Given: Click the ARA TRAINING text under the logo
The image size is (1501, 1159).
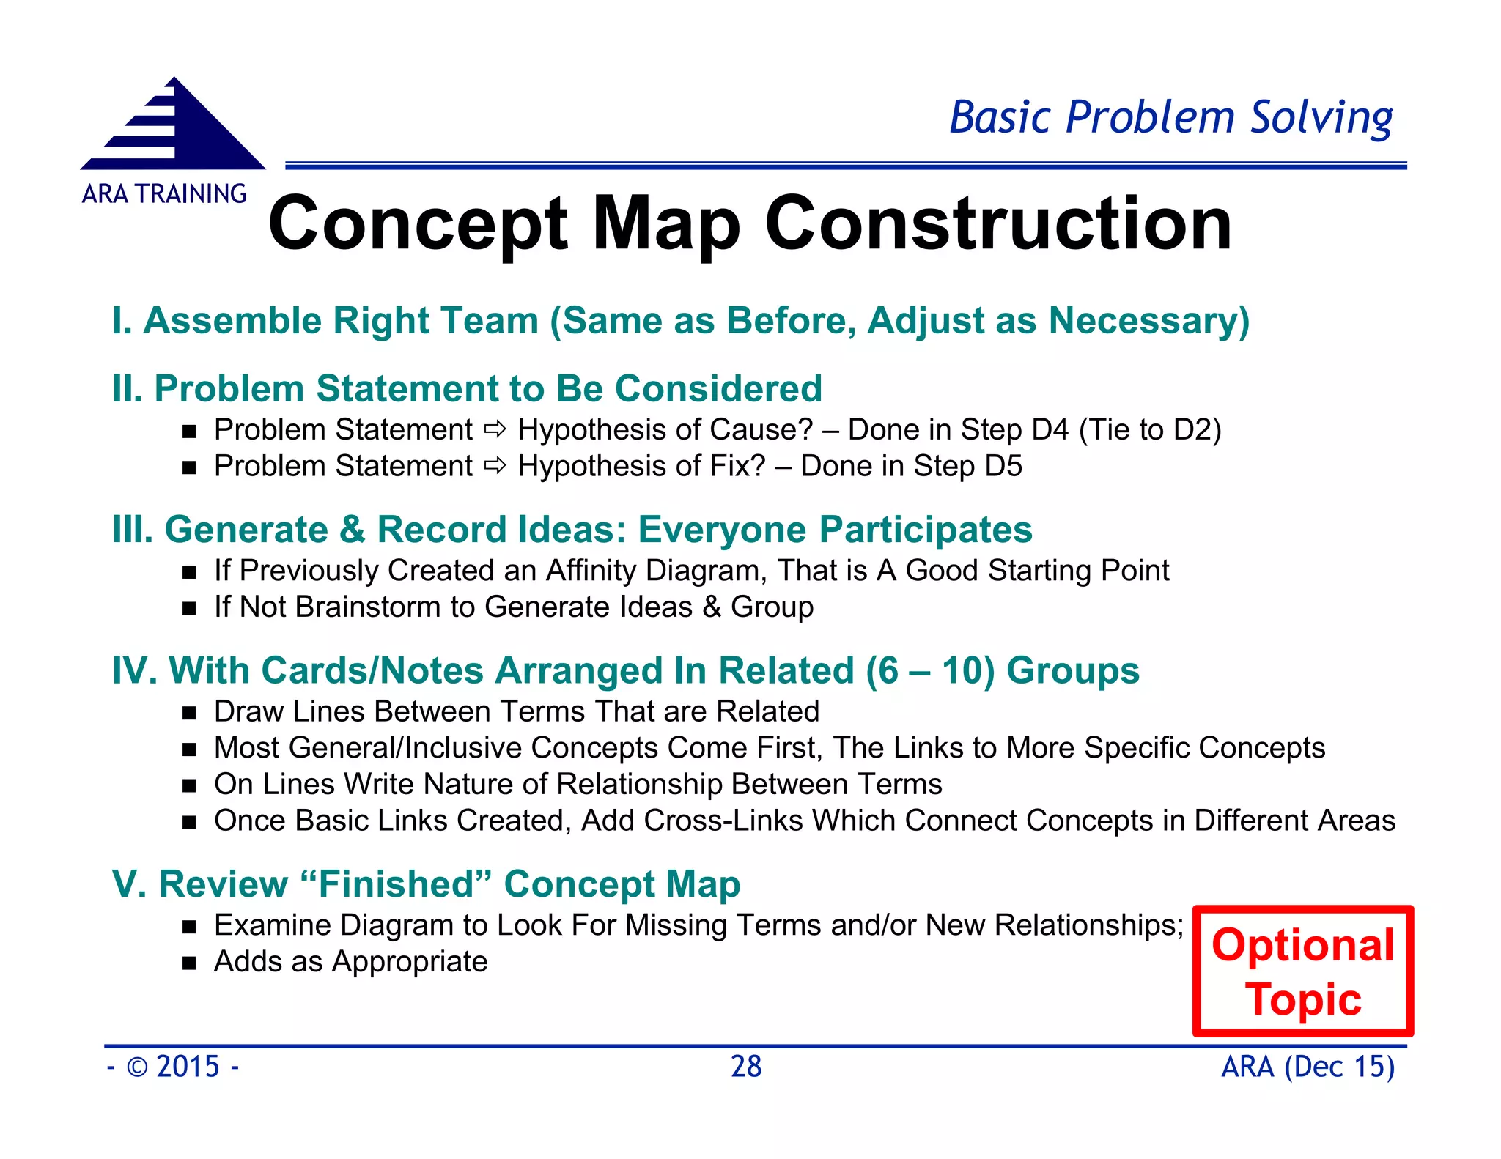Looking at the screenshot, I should (x=164, y=194).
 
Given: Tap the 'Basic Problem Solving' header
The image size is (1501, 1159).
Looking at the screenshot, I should (x=1170, y=117).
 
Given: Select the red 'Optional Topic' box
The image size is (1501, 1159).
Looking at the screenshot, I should (x=1302, y=971).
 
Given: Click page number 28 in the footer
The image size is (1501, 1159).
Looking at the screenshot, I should (x=746, y=1067).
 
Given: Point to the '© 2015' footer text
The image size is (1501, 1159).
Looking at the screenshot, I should (x=173, y=1067).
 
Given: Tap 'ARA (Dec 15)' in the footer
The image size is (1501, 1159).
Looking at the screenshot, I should (x=1308, y=1067).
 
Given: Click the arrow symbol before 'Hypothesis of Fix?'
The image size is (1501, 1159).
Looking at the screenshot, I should (x=495, y=466).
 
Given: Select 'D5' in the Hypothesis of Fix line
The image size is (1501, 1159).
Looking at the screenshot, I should (x=1003, y=466).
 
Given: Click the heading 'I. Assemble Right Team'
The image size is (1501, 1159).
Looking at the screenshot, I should (x=326, y=321).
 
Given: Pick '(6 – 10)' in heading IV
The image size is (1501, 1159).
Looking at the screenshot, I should (x=930, y=670).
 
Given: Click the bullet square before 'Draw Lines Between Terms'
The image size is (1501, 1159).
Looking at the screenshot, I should (x=190, y=713).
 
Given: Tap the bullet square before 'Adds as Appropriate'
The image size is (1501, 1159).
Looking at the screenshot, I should (x=190, y=963).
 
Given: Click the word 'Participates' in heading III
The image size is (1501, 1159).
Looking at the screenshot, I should (x=925, y=530).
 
